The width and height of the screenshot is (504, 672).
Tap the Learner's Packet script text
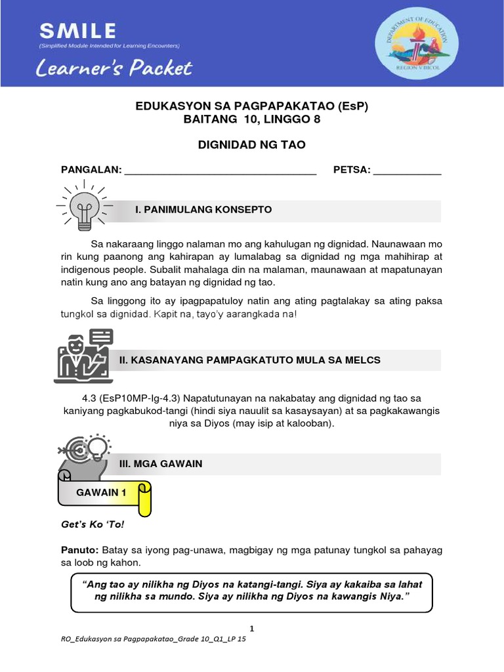(x=115, y=68)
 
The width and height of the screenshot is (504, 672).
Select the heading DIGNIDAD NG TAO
(x=252, y=144)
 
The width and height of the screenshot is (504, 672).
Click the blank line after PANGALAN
(x=220, y=171)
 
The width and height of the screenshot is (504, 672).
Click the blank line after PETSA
(x=407, y=171)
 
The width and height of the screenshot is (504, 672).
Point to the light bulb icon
(x=83, y=205)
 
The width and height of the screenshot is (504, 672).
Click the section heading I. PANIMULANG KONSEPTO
(x=203, y=209)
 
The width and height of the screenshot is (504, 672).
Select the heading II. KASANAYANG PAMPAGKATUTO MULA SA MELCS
(x=249, y=360)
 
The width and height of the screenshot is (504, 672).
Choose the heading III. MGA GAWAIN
(x=160, y=464)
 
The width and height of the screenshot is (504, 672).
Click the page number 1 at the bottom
(x=252, y=627)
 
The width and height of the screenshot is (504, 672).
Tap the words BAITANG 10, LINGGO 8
(x=252, y=119)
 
